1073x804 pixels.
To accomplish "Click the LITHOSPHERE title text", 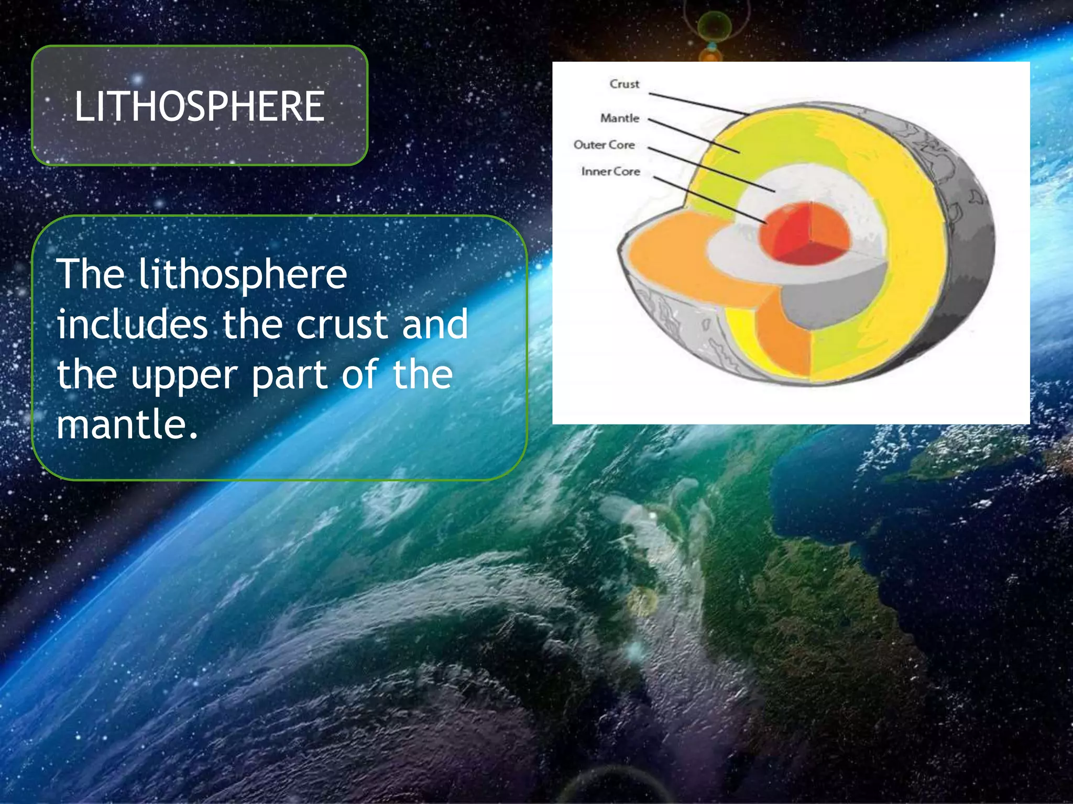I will (x=199, y=106).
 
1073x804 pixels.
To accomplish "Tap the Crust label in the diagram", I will (x=624, y=84).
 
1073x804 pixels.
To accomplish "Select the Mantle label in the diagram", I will (x=620, y=118).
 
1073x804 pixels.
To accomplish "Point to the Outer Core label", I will (x=604, y=144).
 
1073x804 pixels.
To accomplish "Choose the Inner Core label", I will (x=610, y=171).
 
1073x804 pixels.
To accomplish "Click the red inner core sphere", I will (x=804, y=233).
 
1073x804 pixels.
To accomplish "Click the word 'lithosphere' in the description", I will (x=243, y=275).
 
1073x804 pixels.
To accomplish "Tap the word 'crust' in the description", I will (x=342, y=325).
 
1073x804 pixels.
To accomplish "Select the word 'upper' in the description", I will (x=184, y=376).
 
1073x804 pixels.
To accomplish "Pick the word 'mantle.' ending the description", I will (x=127, y=424).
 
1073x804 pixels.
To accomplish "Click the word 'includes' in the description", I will (x=132, y=325).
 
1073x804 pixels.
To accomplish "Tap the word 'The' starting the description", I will (x=91, y=274).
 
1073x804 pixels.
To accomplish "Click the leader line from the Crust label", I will (x=697, y=104).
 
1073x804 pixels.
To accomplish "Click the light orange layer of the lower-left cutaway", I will (x=676, y=262).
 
